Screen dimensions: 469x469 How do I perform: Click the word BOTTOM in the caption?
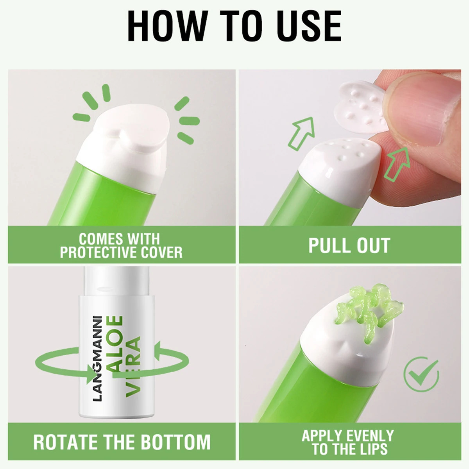[x=176, y=442]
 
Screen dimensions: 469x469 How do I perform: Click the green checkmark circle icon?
[x=421, y=374]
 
